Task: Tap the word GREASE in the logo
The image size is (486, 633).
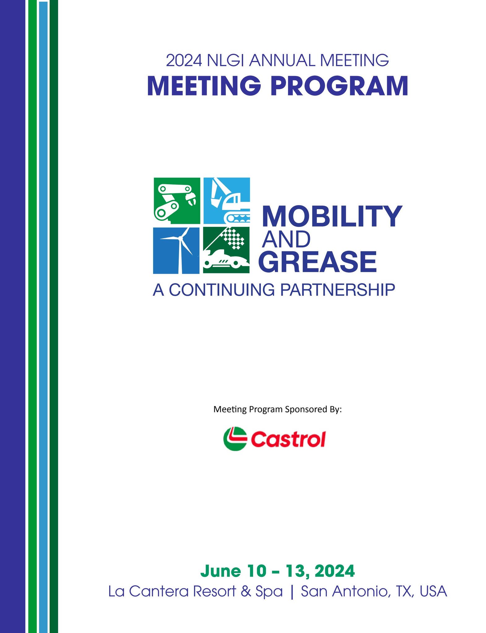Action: click(318, 262)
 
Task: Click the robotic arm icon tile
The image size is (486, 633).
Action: click(177, 201)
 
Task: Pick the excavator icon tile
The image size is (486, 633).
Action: click(227, 201)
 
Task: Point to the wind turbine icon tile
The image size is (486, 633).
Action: click(176, 250)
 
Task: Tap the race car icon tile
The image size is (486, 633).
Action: click(226, 250)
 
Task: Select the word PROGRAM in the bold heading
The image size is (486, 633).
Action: click(339, 86)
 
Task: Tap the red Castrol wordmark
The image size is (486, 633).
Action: click(288, 439)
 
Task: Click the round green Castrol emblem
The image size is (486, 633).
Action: click(235, 439)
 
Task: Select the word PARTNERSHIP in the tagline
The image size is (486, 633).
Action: click(338, 290)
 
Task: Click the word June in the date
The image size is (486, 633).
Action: click(221, 571)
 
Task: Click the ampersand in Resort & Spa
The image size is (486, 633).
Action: click(246, 591)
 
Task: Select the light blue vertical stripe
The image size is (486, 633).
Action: click(43, 317)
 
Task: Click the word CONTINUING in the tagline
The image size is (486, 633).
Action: click(222, 290)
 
